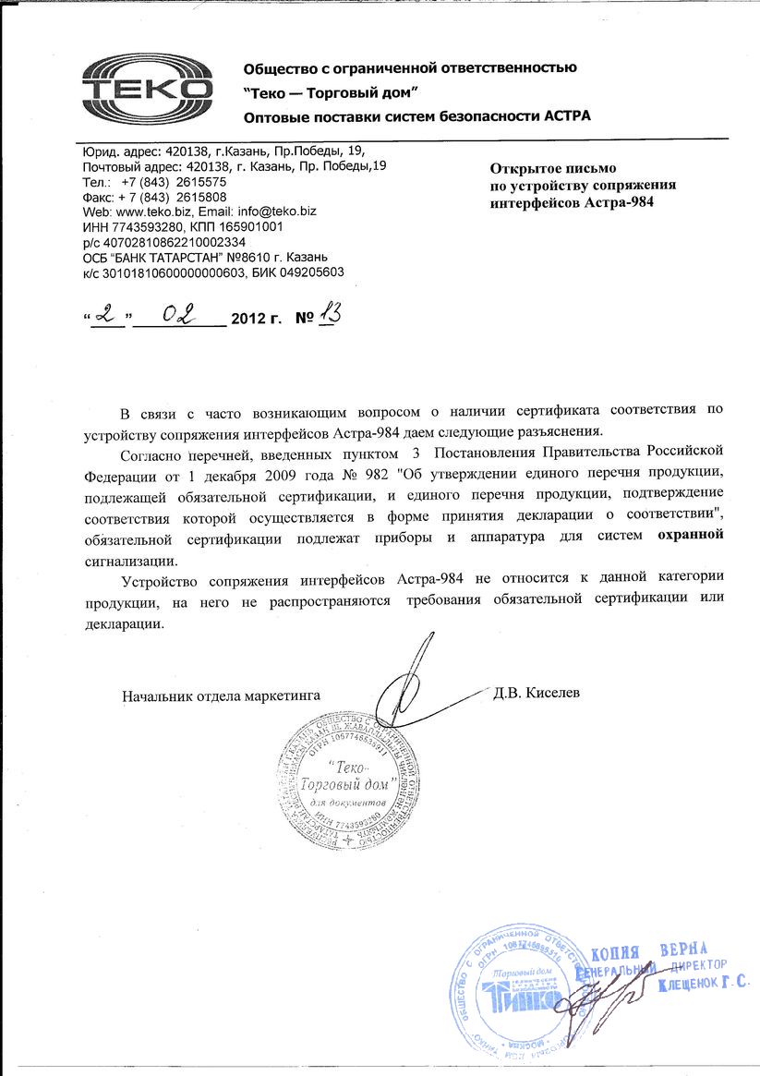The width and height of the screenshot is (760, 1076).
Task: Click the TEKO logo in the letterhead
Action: tap(148, 88)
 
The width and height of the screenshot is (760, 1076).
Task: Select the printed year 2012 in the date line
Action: tap(248, 320)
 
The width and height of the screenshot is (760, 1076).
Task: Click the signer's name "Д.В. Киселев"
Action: tap(537, 693)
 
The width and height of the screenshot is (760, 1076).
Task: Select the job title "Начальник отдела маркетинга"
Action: tap(222, 695)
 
